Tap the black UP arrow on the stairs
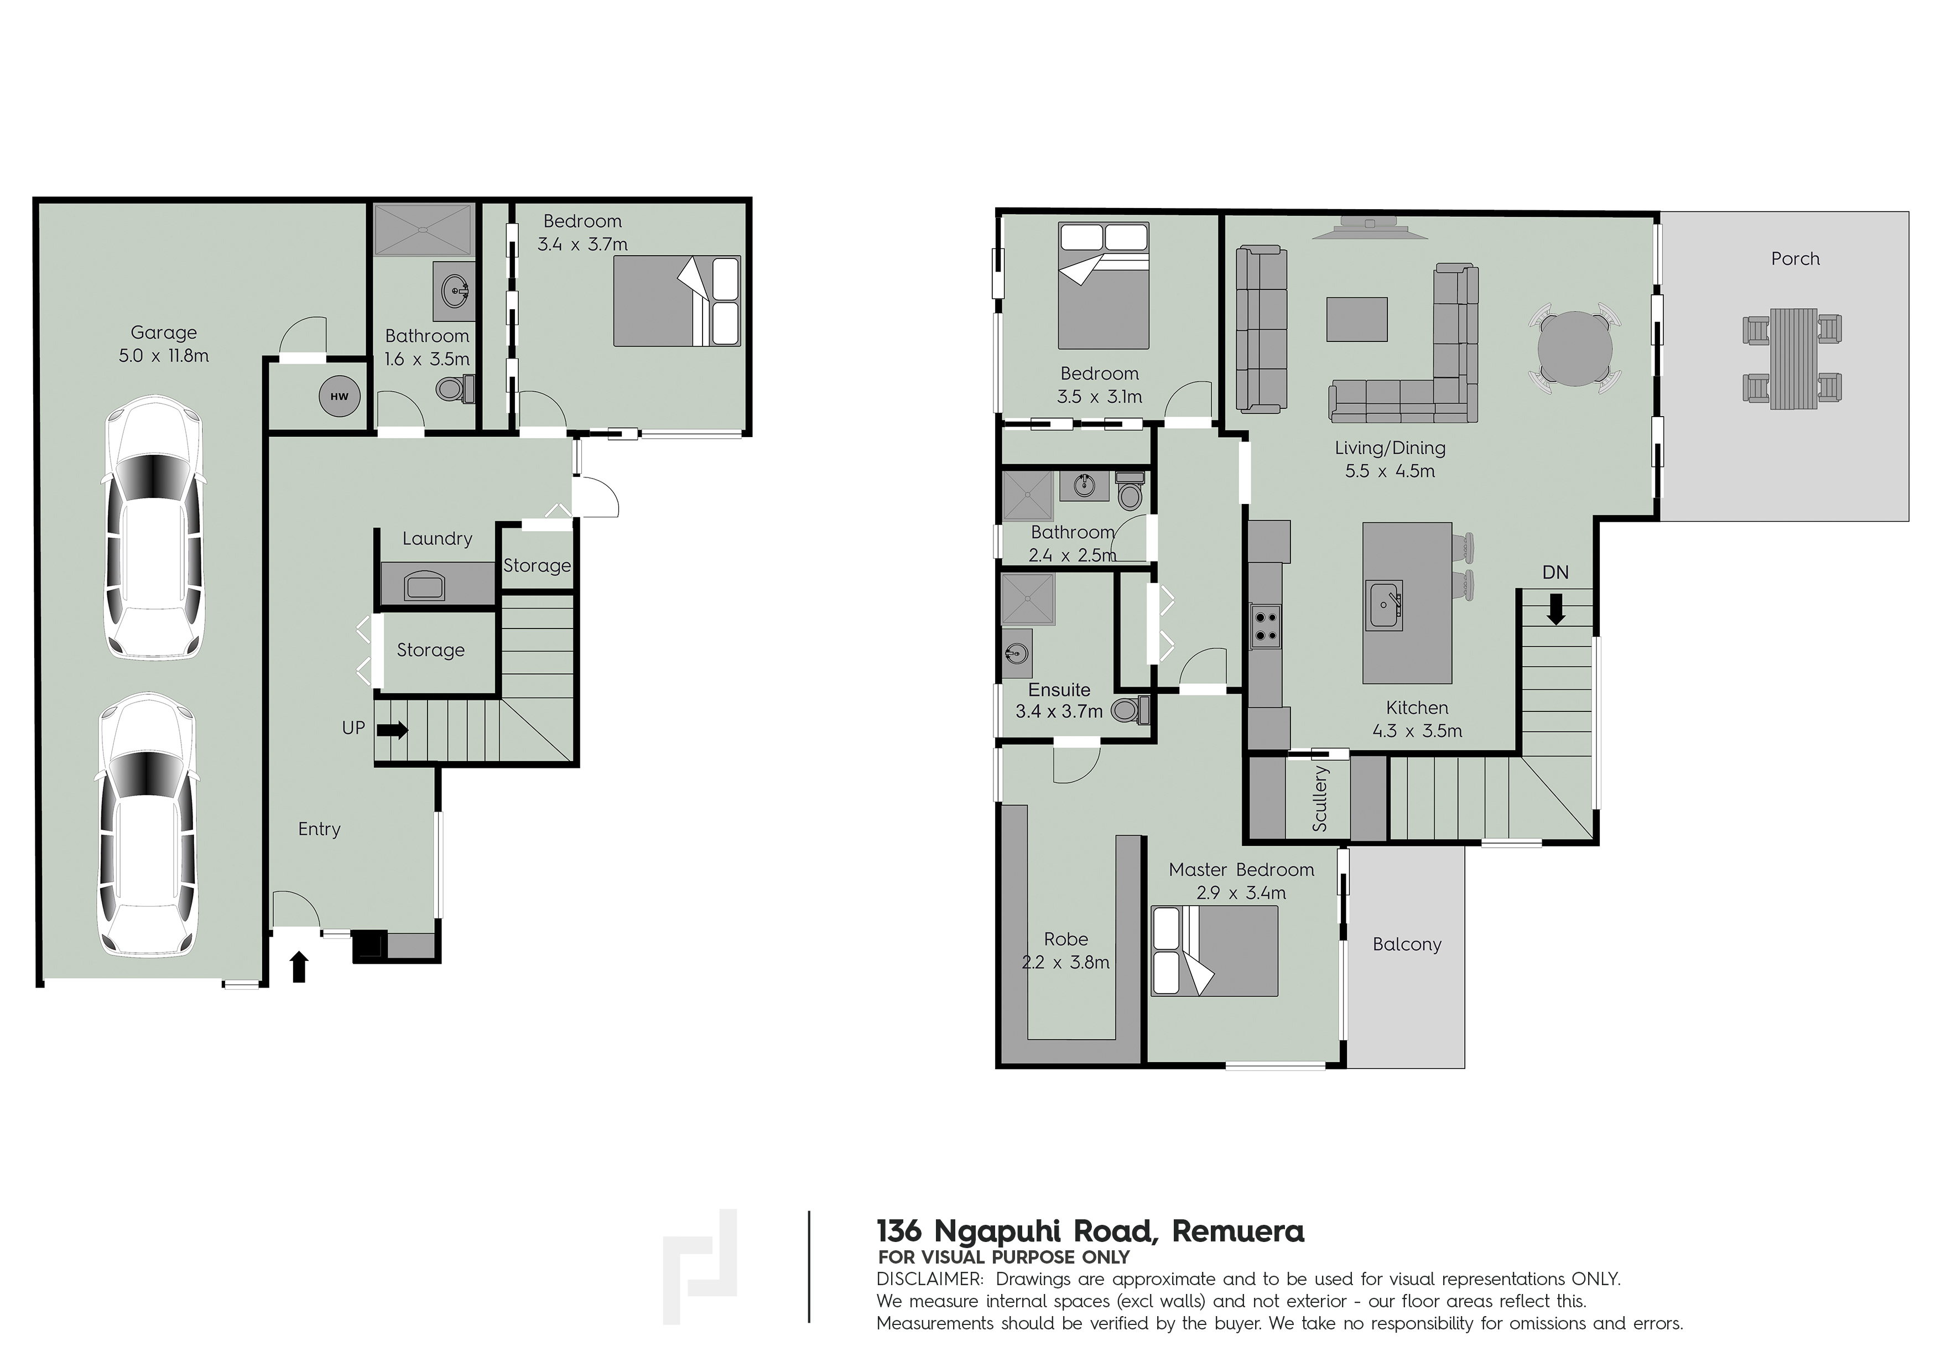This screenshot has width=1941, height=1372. click(392, 729)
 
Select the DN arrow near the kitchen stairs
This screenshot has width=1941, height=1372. click(1555, 609)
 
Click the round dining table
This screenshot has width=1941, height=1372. click(1575, 349)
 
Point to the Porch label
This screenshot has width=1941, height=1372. click(1795, 259)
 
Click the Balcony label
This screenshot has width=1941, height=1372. click(1407, 944)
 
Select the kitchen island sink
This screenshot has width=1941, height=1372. click(1386, 605)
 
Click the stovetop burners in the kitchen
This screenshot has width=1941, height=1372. click(1266, 626)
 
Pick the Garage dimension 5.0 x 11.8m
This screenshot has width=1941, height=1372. click(163, 356)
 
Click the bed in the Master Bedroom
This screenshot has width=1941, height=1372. click(1215, 951)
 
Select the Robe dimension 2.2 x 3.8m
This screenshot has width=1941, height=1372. click(1065, 962)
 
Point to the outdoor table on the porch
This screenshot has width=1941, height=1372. click(1792, 358)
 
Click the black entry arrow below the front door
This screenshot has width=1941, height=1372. click(298, 967)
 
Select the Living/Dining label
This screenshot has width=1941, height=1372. click(1390, 449)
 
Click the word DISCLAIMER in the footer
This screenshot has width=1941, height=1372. click(930, 1279)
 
